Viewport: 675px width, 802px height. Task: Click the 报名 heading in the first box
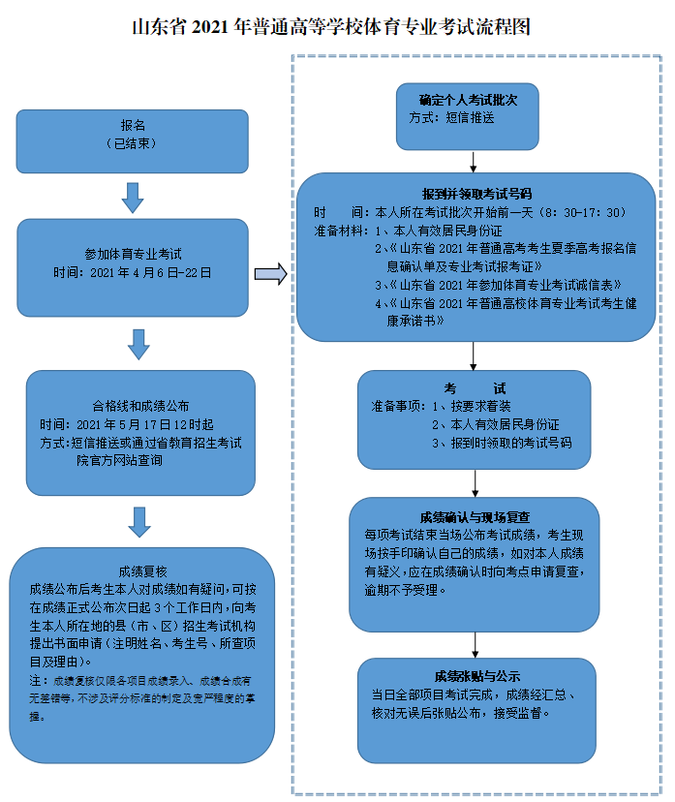click(132, 125)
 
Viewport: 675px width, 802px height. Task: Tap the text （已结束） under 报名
click(132, 142)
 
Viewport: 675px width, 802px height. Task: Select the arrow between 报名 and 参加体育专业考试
click(133, 197)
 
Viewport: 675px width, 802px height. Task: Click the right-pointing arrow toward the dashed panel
click(271, 274)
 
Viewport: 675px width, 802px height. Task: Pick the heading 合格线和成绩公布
click(140, 405)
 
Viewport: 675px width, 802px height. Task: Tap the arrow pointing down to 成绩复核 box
click(140, 520)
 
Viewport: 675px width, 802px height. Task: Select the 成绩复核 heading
click(141, 570)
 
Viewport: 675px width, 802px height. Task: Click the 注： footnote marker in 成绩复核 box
click(35, 681)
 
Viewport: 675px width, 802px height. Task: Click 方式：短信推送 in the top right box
click(452, 117)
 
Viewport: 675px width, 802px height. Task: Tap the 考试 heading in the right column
click(475, 387)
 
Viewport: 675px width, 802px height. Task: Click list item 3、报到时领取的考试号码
click(502, 442)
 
